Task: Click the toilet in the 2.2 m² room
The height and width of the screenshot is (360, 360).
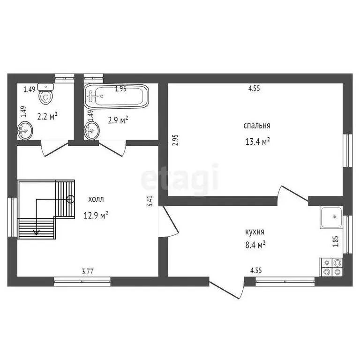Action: (x=46, y=95)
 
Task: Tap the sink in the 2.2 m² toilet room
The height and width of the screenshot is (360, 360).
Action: (x=25, y=130)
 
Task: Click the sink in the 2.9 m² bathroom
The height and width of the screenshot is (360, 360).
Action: (x=91, y=130)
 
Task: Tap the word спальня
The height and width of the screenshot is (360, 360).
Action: (x=256, y=126)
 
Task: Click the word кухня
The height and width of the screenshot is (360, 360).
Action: (x=255, y=232)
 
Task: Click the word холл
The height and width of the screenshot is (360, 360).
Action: (x=96, y=199)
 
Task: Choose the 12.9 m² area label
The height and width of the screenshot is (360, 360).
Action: (x=96, y=215)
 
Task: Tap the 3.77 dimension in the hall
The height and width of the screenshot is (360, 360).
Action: (x=87, y=270)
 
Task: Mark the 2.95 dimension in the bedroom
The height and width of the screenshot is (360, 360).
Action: (x=175, y=140)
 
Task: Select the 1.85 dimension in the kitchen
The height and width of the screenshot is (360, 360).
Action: (x=335, y=241)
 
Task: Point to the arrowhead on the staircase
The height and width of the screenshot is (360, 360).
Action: (x=37, y=232)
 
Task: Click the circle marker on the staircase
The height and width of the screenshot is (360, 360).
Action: (x=70, y=199)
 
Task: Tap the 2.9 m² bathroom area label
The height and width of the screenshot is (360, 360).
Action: (x=118, y=120)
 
